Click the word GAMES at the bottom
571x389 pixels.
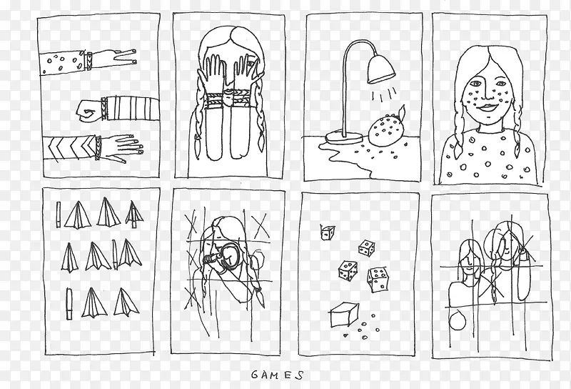[x=277, y=375]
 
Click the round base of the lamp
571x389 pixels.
[x=344, y=137]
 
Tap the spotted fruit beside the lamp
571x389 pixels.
[x=387, y=129]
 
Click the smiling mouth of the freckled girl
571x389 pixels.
[x=487, y=108]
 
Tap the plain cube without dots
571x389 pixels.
[x=344, y=315]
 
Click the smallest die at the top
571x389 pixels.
[x=328, y=232]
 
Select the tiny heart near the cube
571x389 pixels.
[x=345, y=335]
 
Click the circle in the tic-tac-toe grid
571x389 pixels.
[x=457, y=321]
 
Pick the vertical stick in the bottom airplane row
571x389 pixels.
[x=69, y=303]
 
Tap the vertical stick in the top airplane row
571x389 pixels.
[x=59, y=215]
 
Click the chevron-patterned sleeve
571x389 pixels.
[x=70, y=147]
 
